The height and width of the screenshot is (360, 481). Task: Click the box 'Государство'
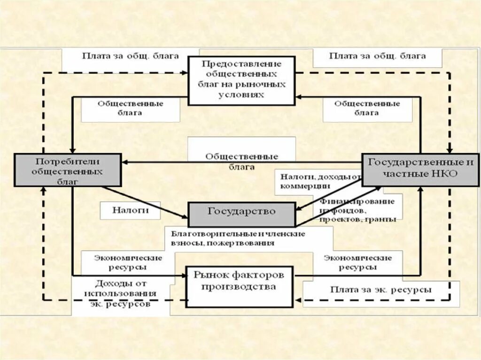coord(242,214)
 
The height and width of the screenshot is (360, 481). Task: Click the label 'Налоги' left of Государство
coord(130,210)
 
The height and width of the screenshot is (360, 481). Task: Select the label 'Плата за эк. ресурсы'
coord(380,290)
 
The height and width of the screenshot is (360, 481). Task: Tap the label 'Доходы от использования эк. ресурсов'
coord(121,293)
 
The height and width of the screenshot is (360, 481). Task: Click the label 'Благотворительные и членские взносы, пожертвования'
coord(238,238)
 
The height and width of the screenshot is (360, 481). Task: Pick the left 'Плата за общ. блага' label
coord(130,56)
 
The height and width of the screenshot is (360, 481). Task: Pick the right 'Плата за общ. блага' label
coord(377,56)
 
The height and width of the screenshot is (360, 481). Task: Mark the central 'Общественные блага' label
coord(242,161)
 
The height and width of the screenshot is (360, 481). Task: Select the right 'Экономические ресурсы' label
coord(357,262)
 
